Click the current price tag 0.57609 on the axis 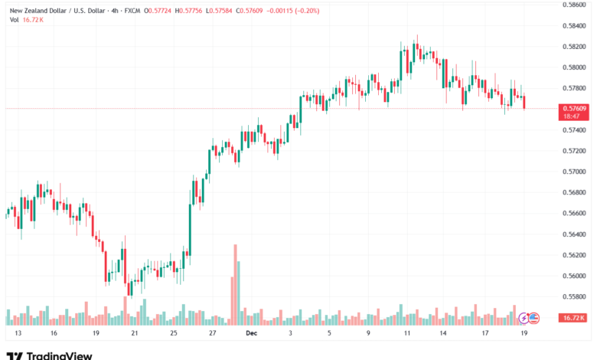click(x=573, y=109)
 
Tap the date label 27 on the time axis click(x=212, y=334)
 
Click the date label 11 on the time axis click(x=407, y=334)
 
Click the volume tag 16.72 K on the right click(x=573, y=317)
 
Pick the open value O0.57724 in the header click(x=151, y=9)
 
